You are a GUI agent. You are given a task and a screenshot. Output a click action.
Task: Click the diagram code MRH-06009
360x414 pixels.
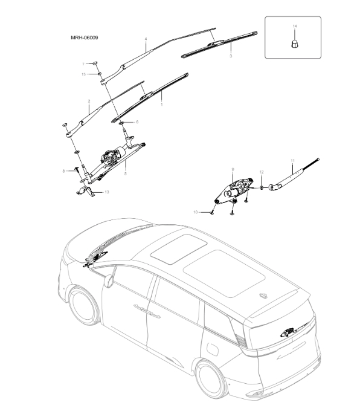point(85,37)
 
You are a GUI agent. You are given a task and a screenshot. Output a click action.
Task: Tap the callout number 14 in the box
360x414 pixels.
point(294,27)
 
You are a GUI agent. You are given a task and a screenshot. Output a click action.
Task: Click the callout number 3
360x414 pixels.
point(230,56)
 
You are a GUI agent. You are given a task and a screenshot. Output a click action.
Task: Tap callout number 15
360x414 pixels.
point(84,74)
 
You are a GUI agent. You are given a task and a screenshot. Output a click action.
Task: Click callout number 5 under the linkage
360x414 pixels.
point(125,173)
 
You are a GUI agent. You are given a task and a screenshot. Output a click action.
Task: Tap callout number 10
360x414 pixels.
point(196,212)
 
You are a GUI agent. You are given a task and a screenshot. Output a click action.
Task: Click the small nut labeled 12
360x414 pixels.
point(262,187)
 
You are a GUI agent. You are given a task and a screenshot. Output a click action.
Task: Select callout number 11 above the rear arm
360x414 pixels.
point(292,160)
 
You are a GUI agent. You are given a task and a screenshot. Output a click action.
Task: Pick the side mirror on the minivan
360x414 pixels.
point(109,280)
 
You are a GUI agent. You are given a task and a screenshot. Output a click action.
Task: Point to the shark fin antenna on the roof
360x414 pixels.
point(264,295)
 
